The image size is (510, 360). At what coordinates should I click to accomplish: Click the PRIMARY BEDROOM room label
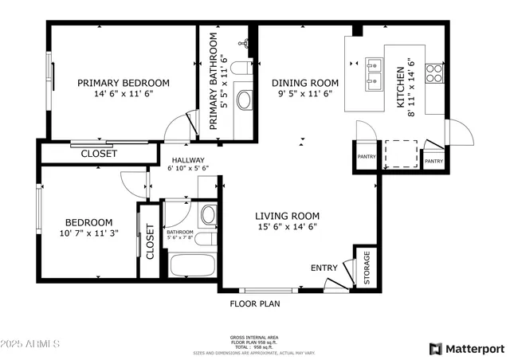coord(123,82)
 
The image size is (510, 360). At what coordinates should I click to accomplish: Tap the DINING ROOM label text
coord(305,82)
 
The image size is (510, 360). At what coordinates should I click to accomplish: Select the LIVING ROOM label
coord(287,216)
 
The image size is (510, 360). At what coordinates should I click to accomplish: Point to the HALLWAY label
coord(187,159)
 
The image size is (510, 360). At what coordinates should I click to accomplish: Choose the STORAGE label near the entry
coord(367,268)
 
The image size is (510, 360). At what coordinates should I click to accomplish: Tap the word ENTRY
coord(324,268)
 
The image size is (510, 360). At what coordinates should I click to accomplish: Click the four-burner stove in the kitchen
coord(434,73)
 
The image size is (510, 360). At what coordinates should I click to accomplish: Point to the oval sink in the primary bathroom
coord(245,100)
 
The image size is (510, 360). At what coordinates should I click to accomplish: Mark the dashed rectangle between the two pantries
coord(402,153)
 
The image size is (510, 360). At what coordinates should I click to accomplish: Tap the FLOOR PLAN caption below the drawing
coord(255,303)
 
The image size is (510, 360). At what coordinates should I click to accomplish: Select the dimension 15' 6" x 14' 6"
coord(287,227)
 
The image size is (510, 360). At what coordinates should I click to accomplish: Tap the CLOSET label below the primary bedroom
coord(99,154)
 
